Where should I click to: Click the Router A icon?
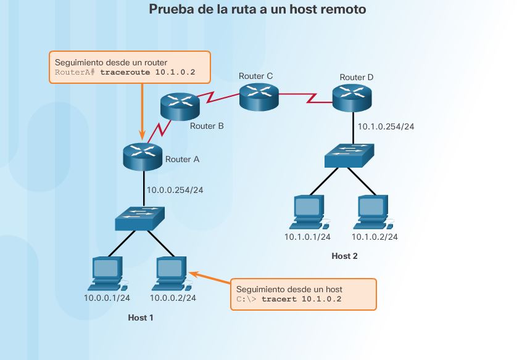pyautogui.click(x=142, y=156)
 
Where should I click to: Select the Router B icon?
pyautogui.click(x=180, y=107)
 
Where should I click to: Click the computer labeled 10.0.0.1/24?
pyautogui.click(x=107, y=274)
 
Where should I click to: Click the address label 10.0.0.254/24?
pyautogui.click(x=175, y=190)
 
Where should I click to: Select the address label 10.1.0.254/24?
pyautogui.click(x=386, y=126)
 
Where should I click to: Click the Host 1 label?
pyautogui.click(x=140, y=317)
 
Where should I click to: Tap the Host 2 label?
pyautogui.click(x=344, y=256)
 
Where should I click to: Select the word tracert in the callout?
pyautogui.click(x=279, y=299)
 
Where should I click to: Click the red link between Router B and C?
pyautogui.click(x=218, y=99)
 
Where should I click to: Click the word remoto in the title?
pyautogui.click(x=343, y=9)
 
